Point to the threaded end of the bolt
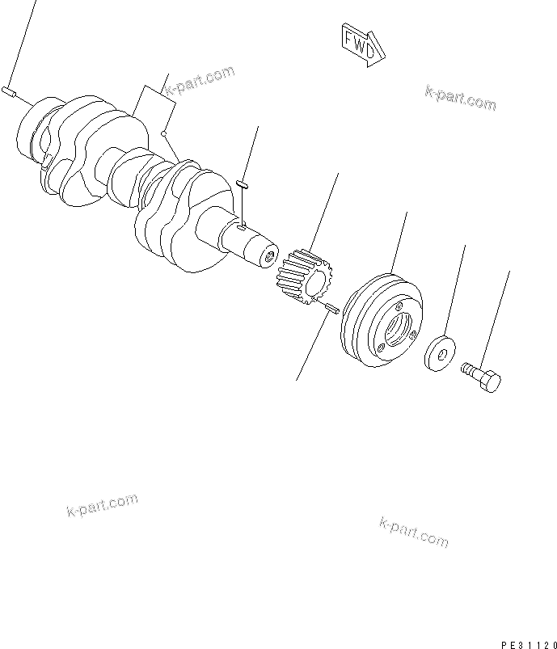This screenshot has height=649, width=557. [x=467, y=369]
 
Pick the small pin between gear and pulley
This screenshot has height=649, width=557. [x=330, y=310]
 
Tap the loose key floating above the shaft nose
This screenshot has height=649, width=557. [x=242, y=184]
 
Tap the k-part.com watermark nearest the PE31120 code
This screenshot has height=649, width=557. [x=412, y=531]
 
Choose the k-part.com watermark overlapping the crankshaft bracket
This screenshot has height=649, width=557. [x=198, y=81]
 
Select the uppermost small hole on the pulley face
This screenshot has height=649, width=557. [x=399, y=306]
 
